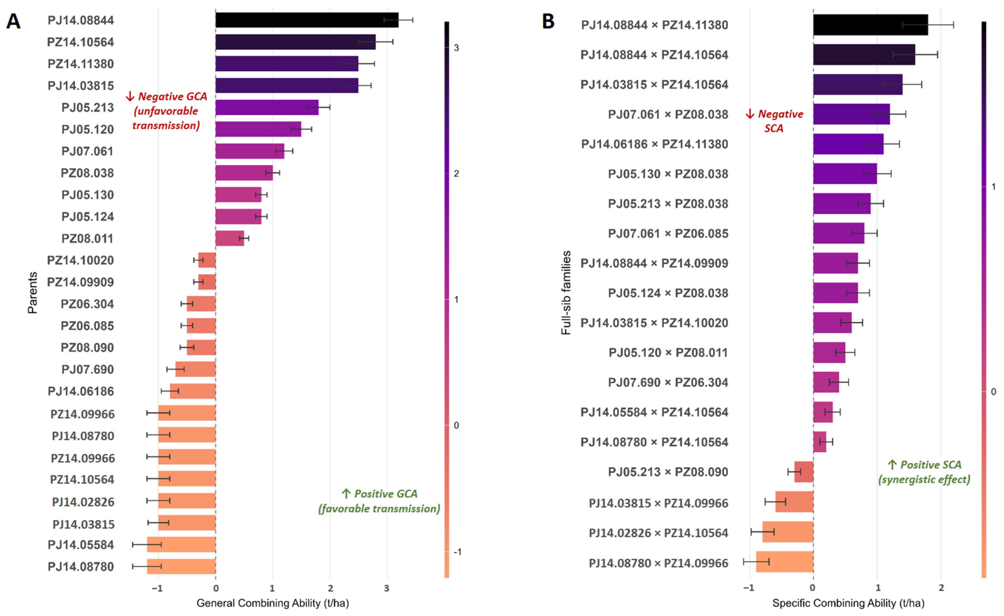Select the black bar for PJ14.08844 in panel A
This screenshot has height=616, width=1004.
pyautogui.click(x=307, y=20)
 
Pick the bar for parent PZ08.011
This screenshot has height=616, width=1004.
pyautogui.click(x=230, y=238)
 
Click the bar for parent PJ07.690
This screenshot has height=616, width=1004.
pyautogui.click(x=196, y=369)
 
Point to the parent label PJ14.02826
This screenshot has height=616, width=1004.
pyautogui.click(x=83, y=502)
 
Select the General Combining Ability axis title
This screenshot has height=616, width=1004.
pyautogui.click(x=273, y=603)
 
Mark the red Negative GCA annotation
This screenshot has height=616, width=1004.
pyautogui.click(x=166, y=111)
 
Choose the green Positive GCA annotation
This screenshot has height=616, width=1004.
pyautogui.click(x=379, y=501)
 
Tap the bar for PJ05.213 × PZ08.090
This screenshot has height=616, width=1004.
pyautogui.click(x=804, y=472)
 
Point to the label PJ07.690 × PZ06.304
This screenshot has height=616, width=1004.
pyautogui.click(x=668, y=382)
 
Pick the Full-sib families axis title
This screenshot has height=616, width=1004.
pyautogui.click(x=566, y=293)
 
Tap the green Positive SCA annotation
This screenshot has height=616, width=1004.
pyautogui.click(x=924, y=472)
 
